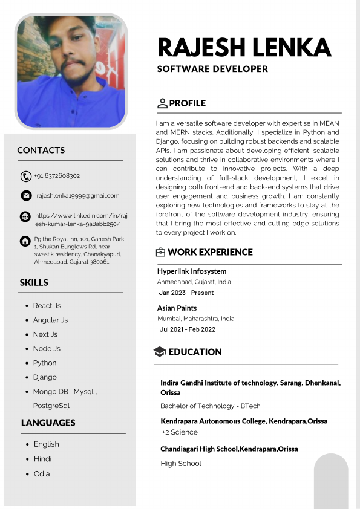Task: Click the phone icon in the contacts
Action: coord(25,177)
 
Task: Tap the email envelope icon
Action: coord(26,196)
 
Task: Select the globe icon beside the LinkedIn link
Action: coord(25,216)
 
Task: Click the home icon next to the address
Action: coord(25,241)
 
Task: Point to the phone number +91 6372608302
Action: coord(57,176)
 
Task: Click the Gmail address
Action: coord(78,196)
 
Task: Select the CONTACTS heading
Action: coord(41,150)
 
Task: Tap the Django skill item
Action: coord(45,377)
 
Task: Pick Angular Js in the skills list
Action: coord(50,320)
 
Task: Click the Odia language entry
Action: coord(42,474)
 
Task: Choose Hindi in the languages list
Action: coord(42,459)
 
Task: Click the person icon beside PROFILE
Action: coord(162,103)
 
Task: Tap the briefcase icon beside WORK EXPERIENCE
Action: coord(160,253)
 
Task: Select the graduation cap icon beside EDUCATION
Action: coord(160,352)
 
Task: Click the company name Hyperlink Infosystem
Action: coord(192,271)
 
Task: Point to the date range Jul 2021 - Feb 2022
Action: coord(187,329)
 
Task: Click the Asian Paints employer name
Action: coord(177,308)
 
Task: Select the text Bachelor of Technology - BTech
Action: coord(211,406)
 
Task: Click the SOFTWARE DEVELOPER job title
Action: coord(212,69)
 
